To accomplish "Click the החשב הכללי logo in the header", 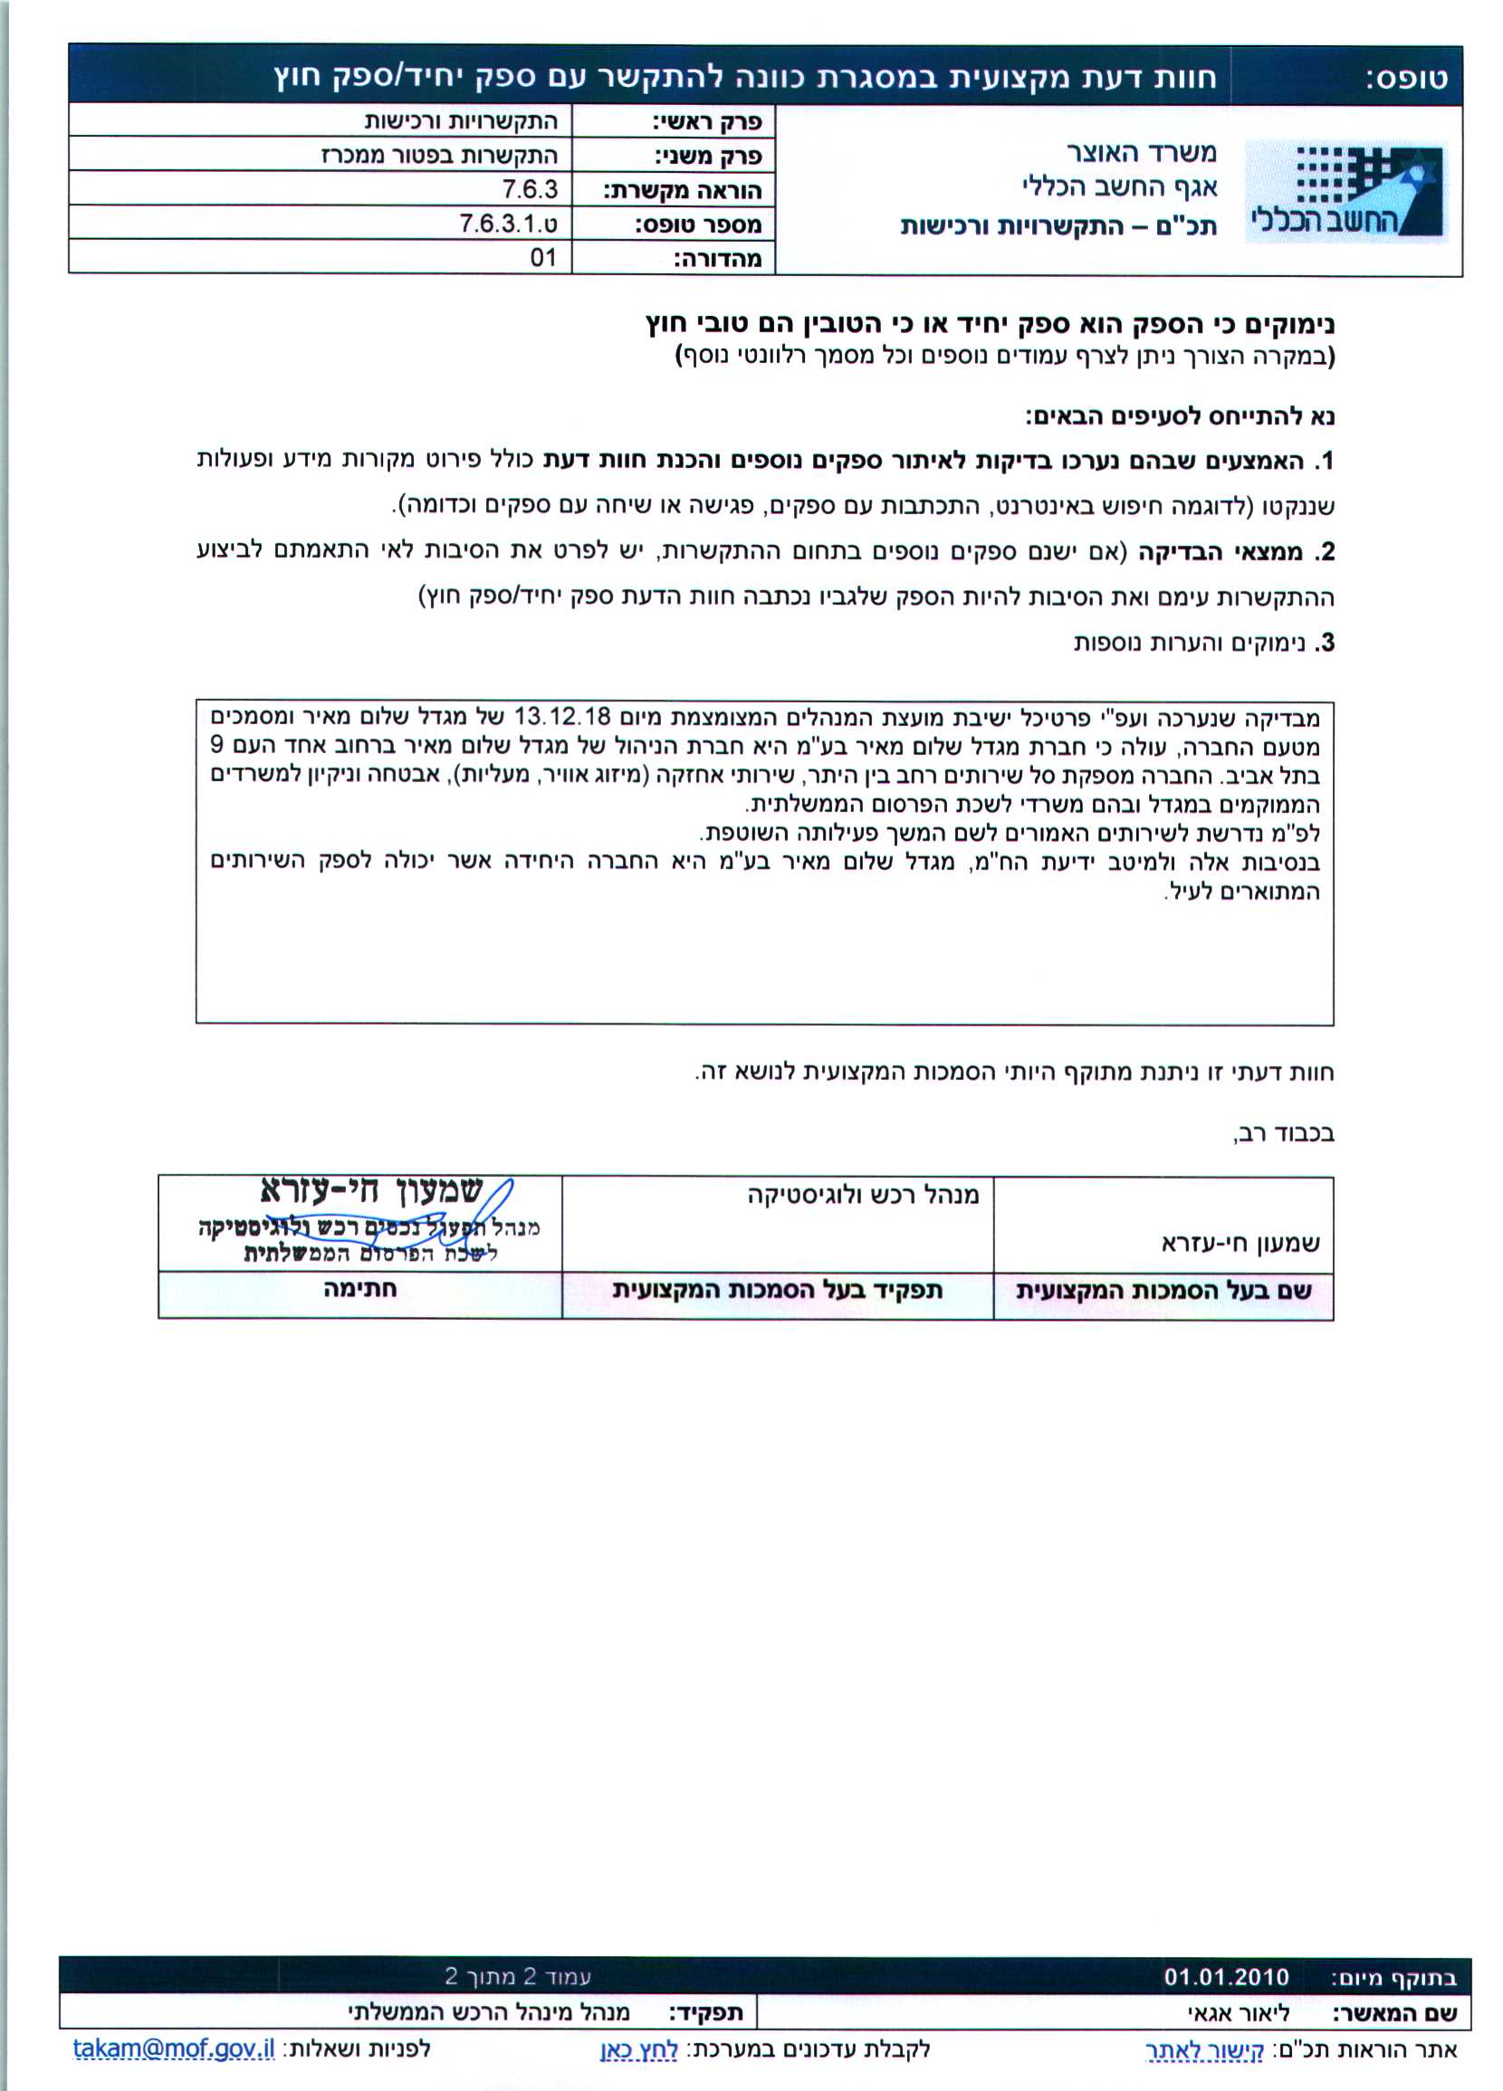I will pyautogui.click(x=1345, y=192).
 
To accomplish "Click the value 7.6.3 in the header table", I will pyautogui.click(x=531, y=189).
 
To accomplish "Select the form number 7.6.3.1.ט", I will pyautogui.click(x=508, y=223).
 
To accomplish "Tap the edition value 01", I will pyautogui.click(x=543, y=257).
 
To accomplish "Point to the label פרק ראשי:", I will pyautogui.click(x=706, y=121).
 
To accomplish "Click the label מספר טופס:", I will pyautogui.click(x=697, y=224).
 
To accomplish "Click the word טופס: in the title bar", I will pyautogui.click(x=1406, y=79).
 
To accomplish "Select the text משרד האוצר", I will pyautogui.click(x=1142, y=151).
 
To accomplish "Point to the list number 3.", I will pyautogui.click(x=1326, y=643).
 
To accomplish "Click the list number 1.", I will pyautogui.click(x=1325, y=461).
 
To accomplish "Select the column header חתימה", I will pyautogui.click(x=359, y=1289).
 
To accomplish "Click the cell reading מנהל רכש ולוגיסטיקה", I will pyautogui.click(x=863, y=1196).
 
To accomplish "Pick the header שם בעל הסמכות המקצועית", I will pyautogui.click(x=1163, y=1291).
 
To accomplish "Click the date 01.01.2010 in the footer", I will pyautogui.click(x=1226, y=1977).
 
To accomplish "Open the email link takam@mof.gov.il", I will pyautogui.click(x=173, y=2048).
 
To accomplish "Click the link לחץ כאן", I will pyautogui.click(x=639, y=2049).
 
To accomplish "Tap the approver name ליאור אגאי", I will pyautogui.click(x=1238, y=2013).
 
